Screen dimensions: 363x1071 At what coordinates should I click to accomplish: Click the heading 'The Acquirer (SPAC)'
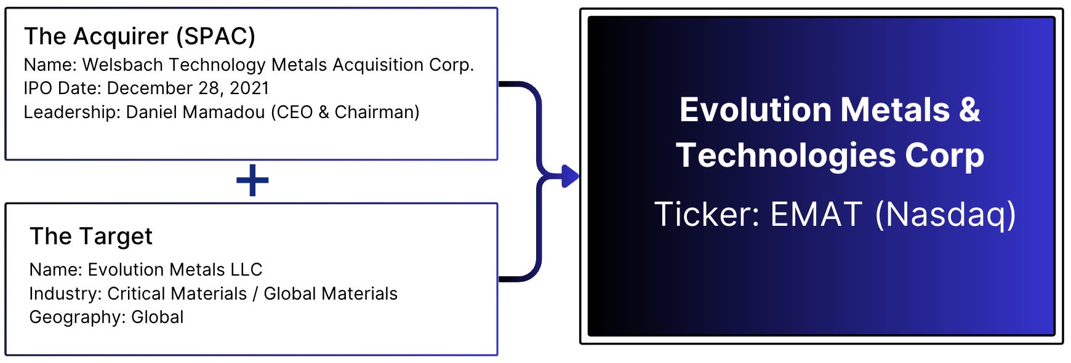coord(139,37)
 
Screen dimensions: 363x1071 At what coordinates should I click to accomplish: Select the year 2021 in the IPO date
coord(249,88)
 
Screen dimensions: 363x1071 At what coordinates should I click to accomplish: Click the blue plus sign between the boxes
coord(252,181)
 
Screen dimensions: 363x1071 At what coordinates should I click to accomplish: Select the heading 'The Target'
coord(91,236)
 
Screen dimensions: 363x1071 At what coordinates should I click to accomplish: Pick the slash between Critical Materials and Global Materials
coord(255,293)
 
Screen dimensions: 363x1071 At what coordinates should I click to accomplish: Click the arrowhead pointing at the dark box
coord(571,177)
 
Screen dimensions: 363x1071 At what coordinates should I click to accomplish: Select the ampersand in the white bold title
coord(969,110)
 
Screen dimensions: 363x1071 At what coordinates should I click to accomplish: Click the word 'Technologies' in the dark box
coord(785,155)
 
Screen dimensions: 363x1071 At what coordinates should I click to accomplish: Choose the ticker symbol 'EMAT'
coord(816,214)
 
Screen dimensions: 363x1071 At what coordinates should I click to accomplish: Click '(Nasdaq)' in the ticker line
coord(945,215)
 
